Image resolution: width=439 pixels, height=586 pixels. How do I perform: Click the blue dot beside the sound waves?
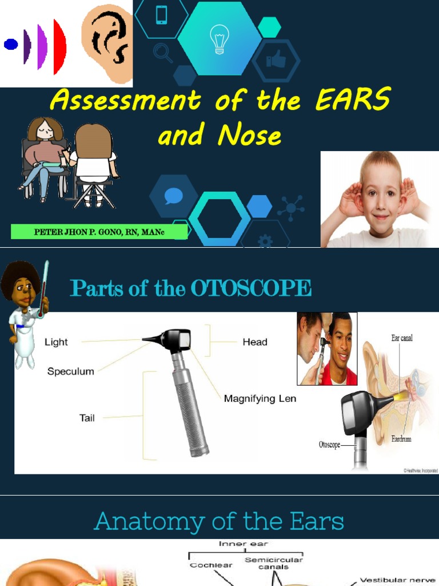(x=11, y=44)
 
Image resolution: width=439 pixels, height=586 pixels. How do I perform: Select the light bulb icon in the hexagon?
(x=219, y=39)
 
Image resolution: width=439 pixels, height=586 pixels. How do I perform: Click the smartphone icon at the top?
(x=161, y=15)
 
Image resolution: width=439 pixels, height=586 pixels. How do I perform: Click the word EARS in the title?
(x=352, y=101)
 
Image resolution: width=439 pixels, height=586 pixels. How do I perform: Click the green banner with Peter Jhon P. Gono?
(x=99, y=232)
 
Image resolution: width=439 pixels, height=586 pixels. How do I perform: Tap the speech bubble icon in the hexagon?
(x=173, y=196)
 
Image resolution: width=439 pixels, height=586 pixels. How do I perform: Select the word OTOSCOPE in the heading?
(x=251, y=288)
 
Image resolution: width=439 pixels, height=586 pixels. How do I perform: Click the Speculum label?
(x=70, y=371)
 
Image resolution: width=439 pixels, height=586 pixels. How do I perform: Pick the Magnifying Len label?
(x=260, y=398)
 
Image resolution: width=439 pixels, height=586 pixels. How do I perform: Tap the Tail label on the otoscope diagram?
(x=87, y=418)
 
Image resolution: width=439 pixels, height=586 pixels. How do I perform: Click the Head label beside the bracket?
(x=254, y=342)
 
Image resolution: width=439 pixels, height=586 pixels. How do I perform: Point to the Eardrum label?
(x=401, y=439)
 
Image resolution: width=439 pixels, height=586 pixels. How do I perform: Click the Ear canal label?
(x=402, y=338)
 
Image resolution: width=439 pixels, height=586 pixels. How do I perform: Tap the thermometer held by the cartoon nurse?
(x=43, y=289)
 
